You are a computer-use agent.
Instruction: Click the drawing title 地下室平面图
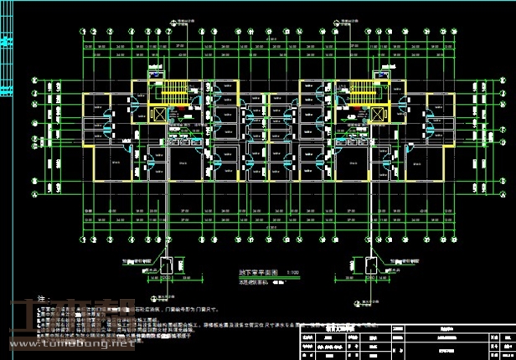pyautogui.click(x=250, y=273)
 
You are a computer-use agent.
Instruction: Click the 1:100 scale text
pyautogui.click(x=292, y=273)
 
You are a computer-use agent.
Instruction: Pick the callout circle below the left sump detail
pyautogui.click(x=159, y=296)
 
